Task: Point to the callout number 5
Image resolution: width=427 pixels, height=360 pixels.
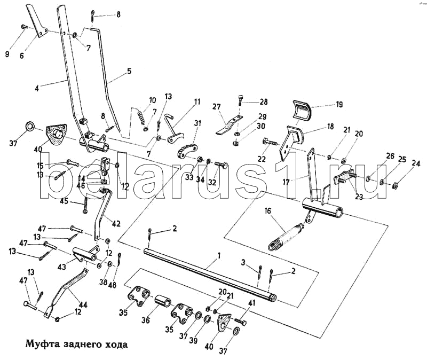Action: click(x=129, y=71)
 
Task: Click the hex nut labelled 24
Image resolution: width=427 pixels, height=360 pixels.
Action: click(x=396, y=185)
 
